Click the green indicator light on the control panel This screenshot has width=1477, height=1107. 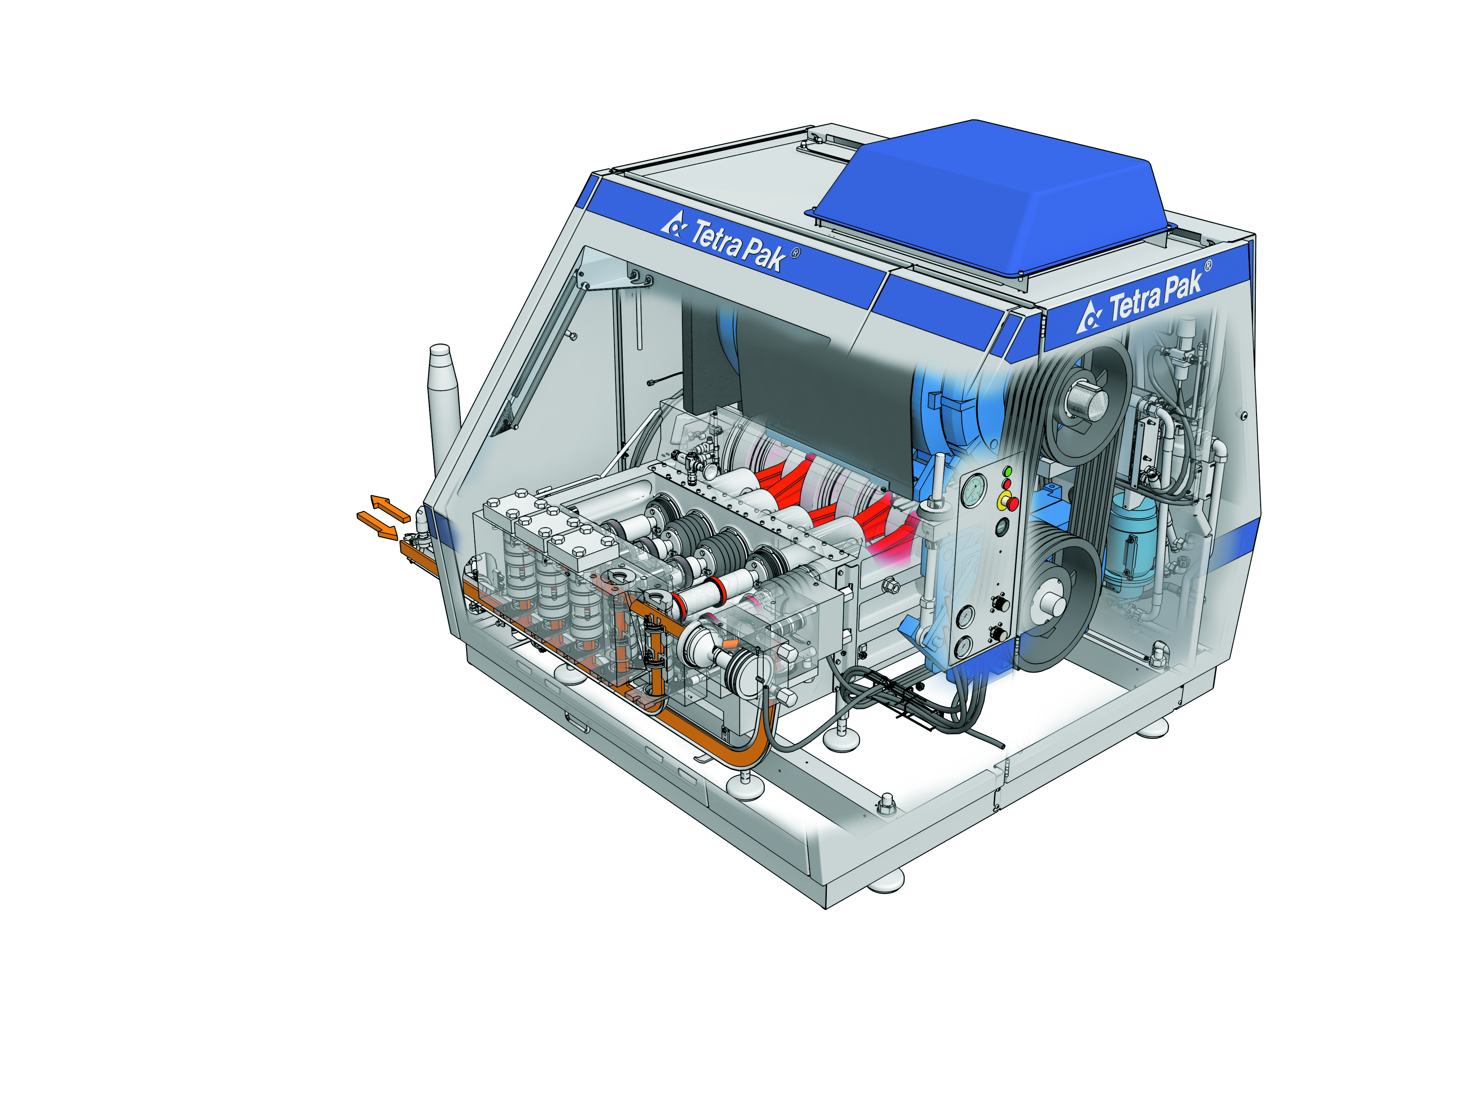pos(1008,472)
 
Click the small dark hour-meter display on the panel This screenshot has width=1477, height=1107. pos(1001,528)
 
